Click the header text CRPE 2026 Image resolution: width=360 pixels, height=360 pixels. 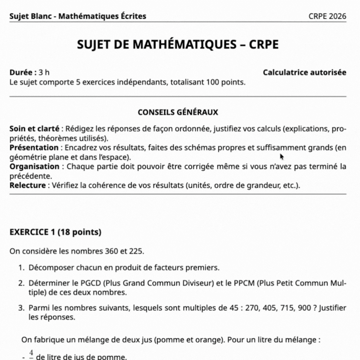click(327, 17)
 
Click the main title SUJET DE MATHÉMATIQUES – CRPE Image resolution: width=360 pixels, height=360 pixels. click(178, 45)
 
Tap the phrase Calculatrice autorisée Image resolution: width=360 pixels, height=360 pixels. click(304, 72)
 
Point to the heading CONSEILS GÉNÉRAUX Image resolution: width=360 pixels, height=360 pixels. click(178, 112)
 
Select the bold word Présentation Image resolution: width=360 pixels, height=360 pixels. click(34, 147)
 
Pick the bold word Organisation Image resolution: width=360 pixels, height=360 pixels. click(34, 167)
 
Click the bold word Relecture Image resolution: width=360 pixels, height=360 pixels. click(27, 185)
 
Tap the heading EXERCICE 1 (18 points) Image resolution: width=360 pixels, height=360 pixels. click(55, 232)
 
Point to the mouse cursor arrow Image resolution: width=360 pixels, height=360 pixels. click(282, 157)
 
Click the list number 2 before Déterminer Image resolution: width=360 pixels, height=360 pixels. click(20, 283)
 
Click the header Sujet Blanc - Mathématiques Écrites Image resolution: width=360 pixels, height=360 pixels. click(77, 17)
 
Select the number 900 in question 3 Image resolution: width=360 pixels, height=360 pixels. click(305, 308)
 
